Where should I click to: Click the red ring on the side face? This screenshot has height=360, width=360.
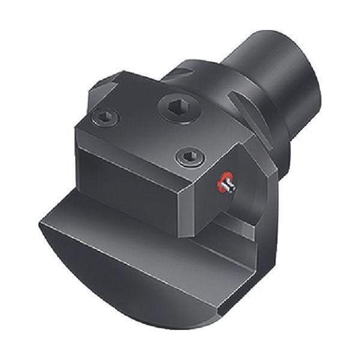pos(226,184)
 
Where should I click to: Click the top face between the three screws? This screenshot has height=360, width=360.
pos(150,129)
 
